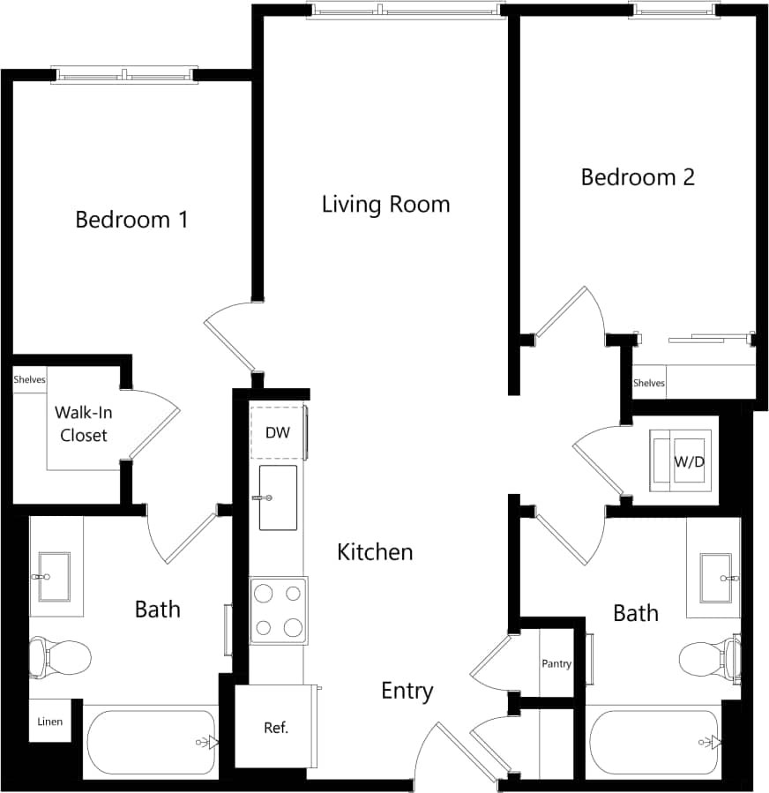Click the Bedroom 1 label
click(131, 219)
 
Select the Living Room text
click(385, 205)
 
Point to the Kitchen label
click(375, 552)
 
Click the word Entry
click(407, 691)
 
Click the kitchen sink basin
click(278, 498)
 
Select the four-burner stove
click(278, 610)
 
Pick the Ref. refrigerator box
click(275, 728)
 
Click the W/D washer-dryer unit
click(681, 461)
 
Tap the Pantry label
click(556, 664)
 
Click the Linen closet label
click(49, 722)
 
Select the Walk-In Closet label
click(82, 423)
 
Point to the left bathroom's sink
click(55, 577)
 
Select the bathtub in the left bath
click(151, 742)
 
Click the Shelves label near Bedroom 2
click(649, 383)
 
